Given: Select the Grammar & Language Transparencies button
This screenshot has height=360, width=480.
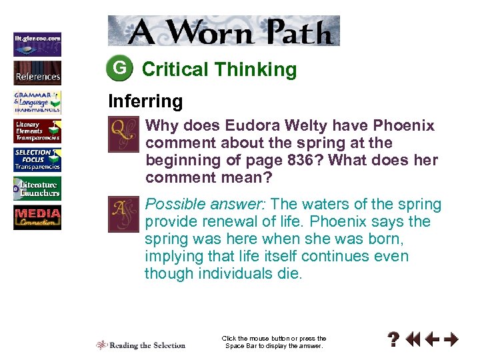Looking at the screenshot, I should click(x=37, y=102).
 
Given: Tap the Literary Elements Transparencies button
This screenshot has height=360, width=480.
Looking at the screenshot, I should click(x=37, y=131).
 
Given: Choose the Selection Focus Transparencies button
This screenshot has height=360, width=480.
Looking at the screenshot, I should click(x=37, y=159).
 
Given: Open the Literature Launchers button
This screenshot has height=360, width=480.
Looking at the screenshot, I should click(x=37, y=189).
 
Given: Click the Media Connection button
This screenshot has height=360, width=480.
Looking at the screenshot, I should click(x=37, y=218).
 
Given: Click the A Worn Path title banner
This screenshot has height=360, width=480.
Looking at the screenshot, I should click(x=224, y=31).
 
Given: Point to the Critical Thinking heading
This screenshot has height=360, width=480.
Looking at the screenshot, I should click(x=219, y=69).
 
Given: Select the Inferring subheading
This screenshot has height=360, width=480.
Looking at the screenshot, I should click(x=145, y=101).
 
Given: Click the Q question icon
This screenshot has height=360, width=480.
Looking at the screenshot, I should click(x=123, y=133).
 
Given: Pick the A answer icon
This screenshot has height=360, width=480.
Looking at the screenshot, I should click(x=123, y=213).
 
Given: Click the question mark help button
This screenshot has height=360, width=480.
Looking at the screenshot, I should click(x=395, y=340).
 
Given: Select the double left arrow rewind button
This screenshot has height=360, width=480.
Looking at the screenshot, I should click(x=413, y=340).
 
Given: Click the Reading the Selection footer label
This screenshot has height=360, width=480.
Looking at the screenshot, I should click(x=141, y=345).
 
